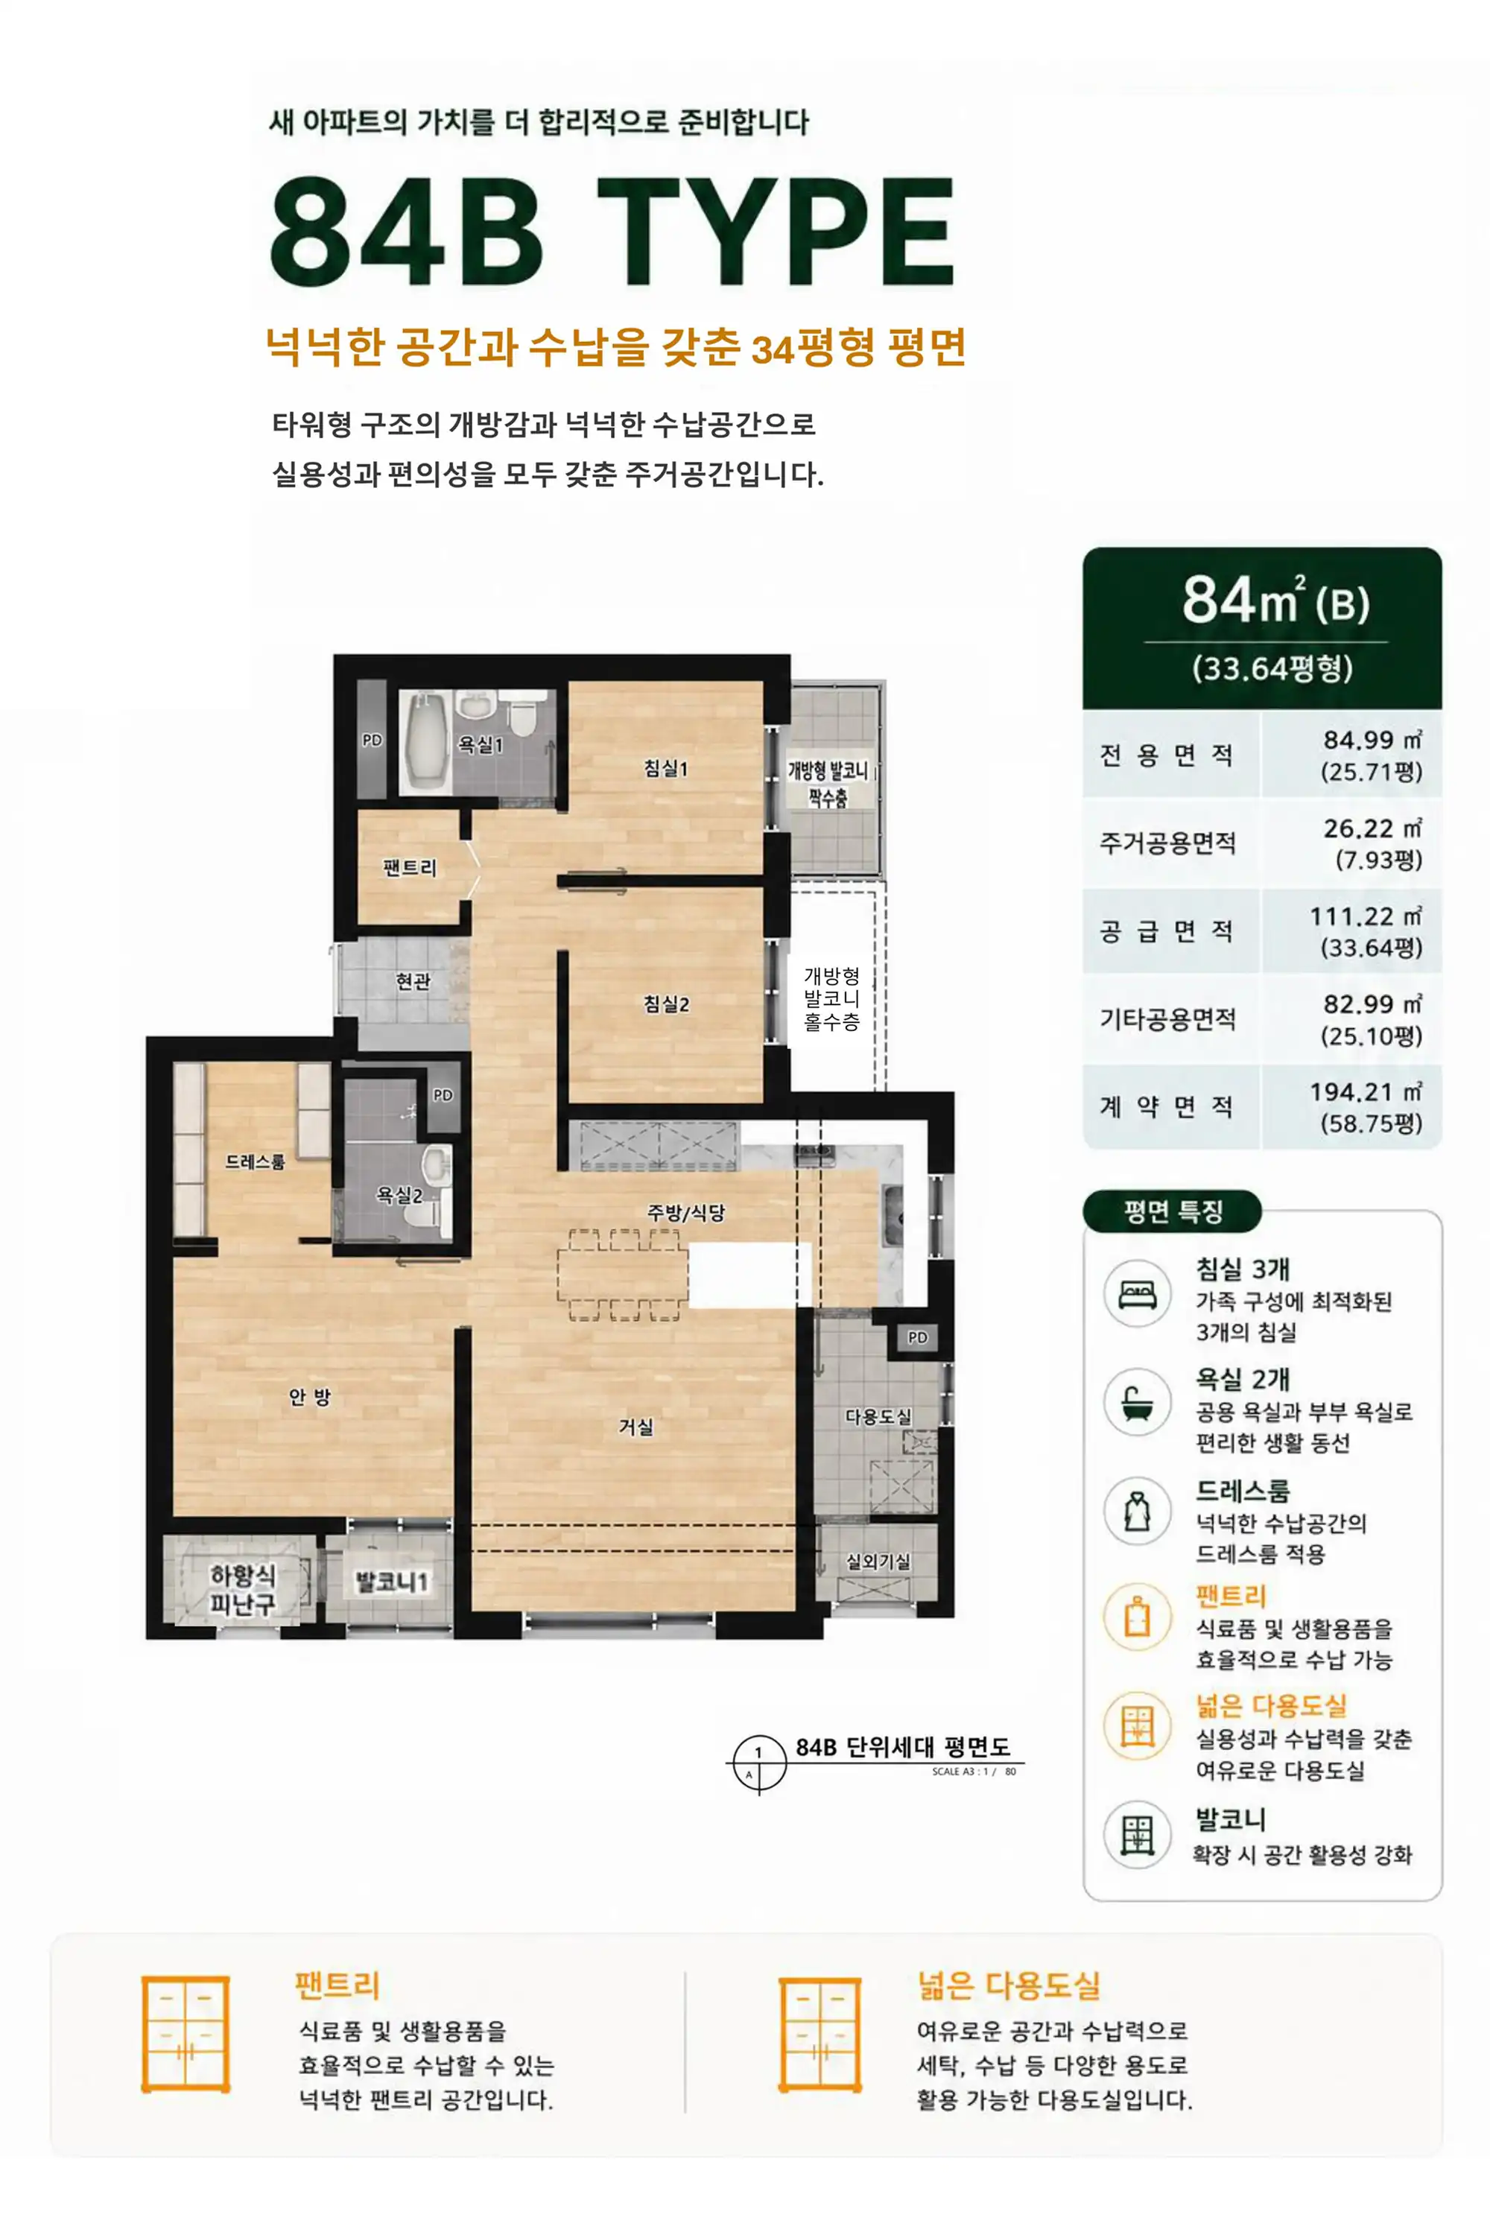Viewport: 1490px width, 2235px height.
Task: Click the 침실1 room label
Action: (x=665, y=768)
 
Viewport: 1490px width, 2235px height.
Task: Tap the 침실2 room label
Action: (x=666, y=1004)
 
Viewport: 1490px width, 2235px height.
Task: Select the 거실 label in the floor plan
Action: (x=635, y=1427)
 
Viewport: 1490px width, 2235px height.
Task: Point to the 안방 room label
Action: (x=310, y=1396)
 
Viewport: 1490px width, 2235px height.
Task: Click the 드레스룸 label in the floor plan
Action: (x=255, y=1161)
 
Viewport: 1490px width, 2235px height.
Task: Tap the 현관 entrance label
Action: (x=413, y=980)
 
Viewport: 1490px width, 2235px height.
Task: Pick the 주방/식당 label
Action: (x=686, y=1213)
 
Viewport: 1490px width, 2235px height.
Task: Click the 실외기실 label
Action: (x=878, y=1562)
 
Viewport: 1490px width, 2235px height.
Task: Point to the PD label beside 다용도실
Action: (x=917, y=1337)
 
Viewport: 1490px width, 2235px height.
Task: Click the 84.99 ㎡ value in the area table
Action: (x=1372, y=739)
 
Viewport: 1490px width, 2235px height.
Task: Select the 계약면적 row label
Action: (x=1167, y=1107)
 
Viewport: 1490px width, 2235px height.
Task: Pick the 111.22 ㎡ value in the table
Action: (x=1366, y=916)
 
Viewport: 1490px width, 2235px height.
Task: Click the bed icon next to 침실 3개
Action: (x=1138, y=1293)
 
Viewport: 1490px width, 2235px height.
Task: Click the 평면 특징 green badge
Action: (x=1173, y=1211)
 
